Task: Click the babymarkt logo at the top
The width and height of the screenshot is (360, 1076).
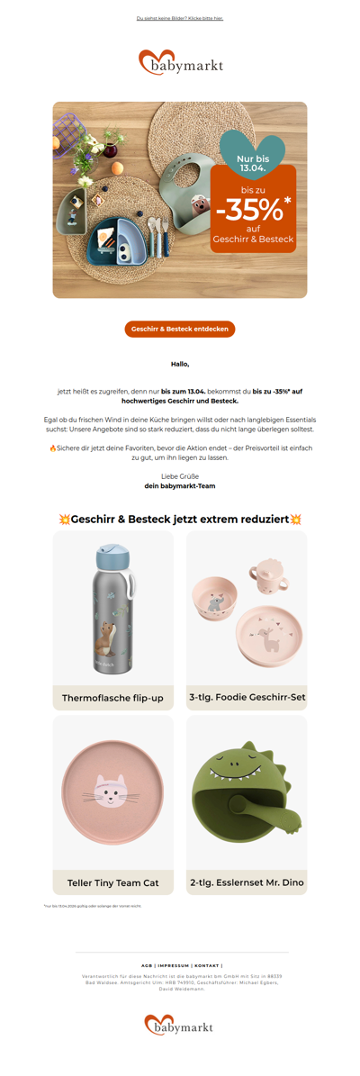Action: (180, 64)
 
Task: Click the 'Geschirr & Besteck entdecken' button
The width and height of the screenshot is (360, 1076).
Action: (180, 330)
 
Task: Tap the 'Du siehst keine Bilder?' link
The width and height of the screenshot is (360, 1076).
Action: (180, 18)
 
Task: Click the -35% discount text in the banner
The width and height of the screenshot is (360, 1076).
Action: (252, 211)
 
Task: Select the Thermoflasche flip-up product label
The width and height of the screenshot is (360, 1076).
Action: (112, 698)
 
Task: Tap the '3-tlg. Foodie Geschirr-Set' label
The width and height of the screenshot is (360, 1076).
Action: (247, 698)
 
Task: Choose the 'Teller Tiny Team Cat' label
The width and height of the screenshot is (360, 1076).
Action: (112, 882)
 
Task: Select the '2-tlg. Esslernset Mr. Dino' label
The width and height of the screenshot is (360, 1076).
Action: (247, 882)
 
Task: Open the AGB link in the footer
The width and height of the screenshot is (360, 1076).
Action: (147, 965)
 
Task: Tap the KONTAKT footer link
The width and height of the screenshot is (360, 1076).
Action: (207, 965)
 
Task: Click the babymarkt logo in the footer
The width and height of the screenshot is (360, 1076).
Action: (180, 1026)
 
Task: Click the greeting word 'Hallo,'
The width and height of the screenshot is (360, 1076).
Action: (180, 365)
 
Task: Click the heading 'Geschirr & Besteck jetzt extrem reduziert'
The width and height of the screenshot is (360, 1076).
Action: (180, 520)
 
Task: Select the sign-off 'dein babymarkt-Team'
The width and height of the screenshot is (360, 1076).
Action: (180, 486)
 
